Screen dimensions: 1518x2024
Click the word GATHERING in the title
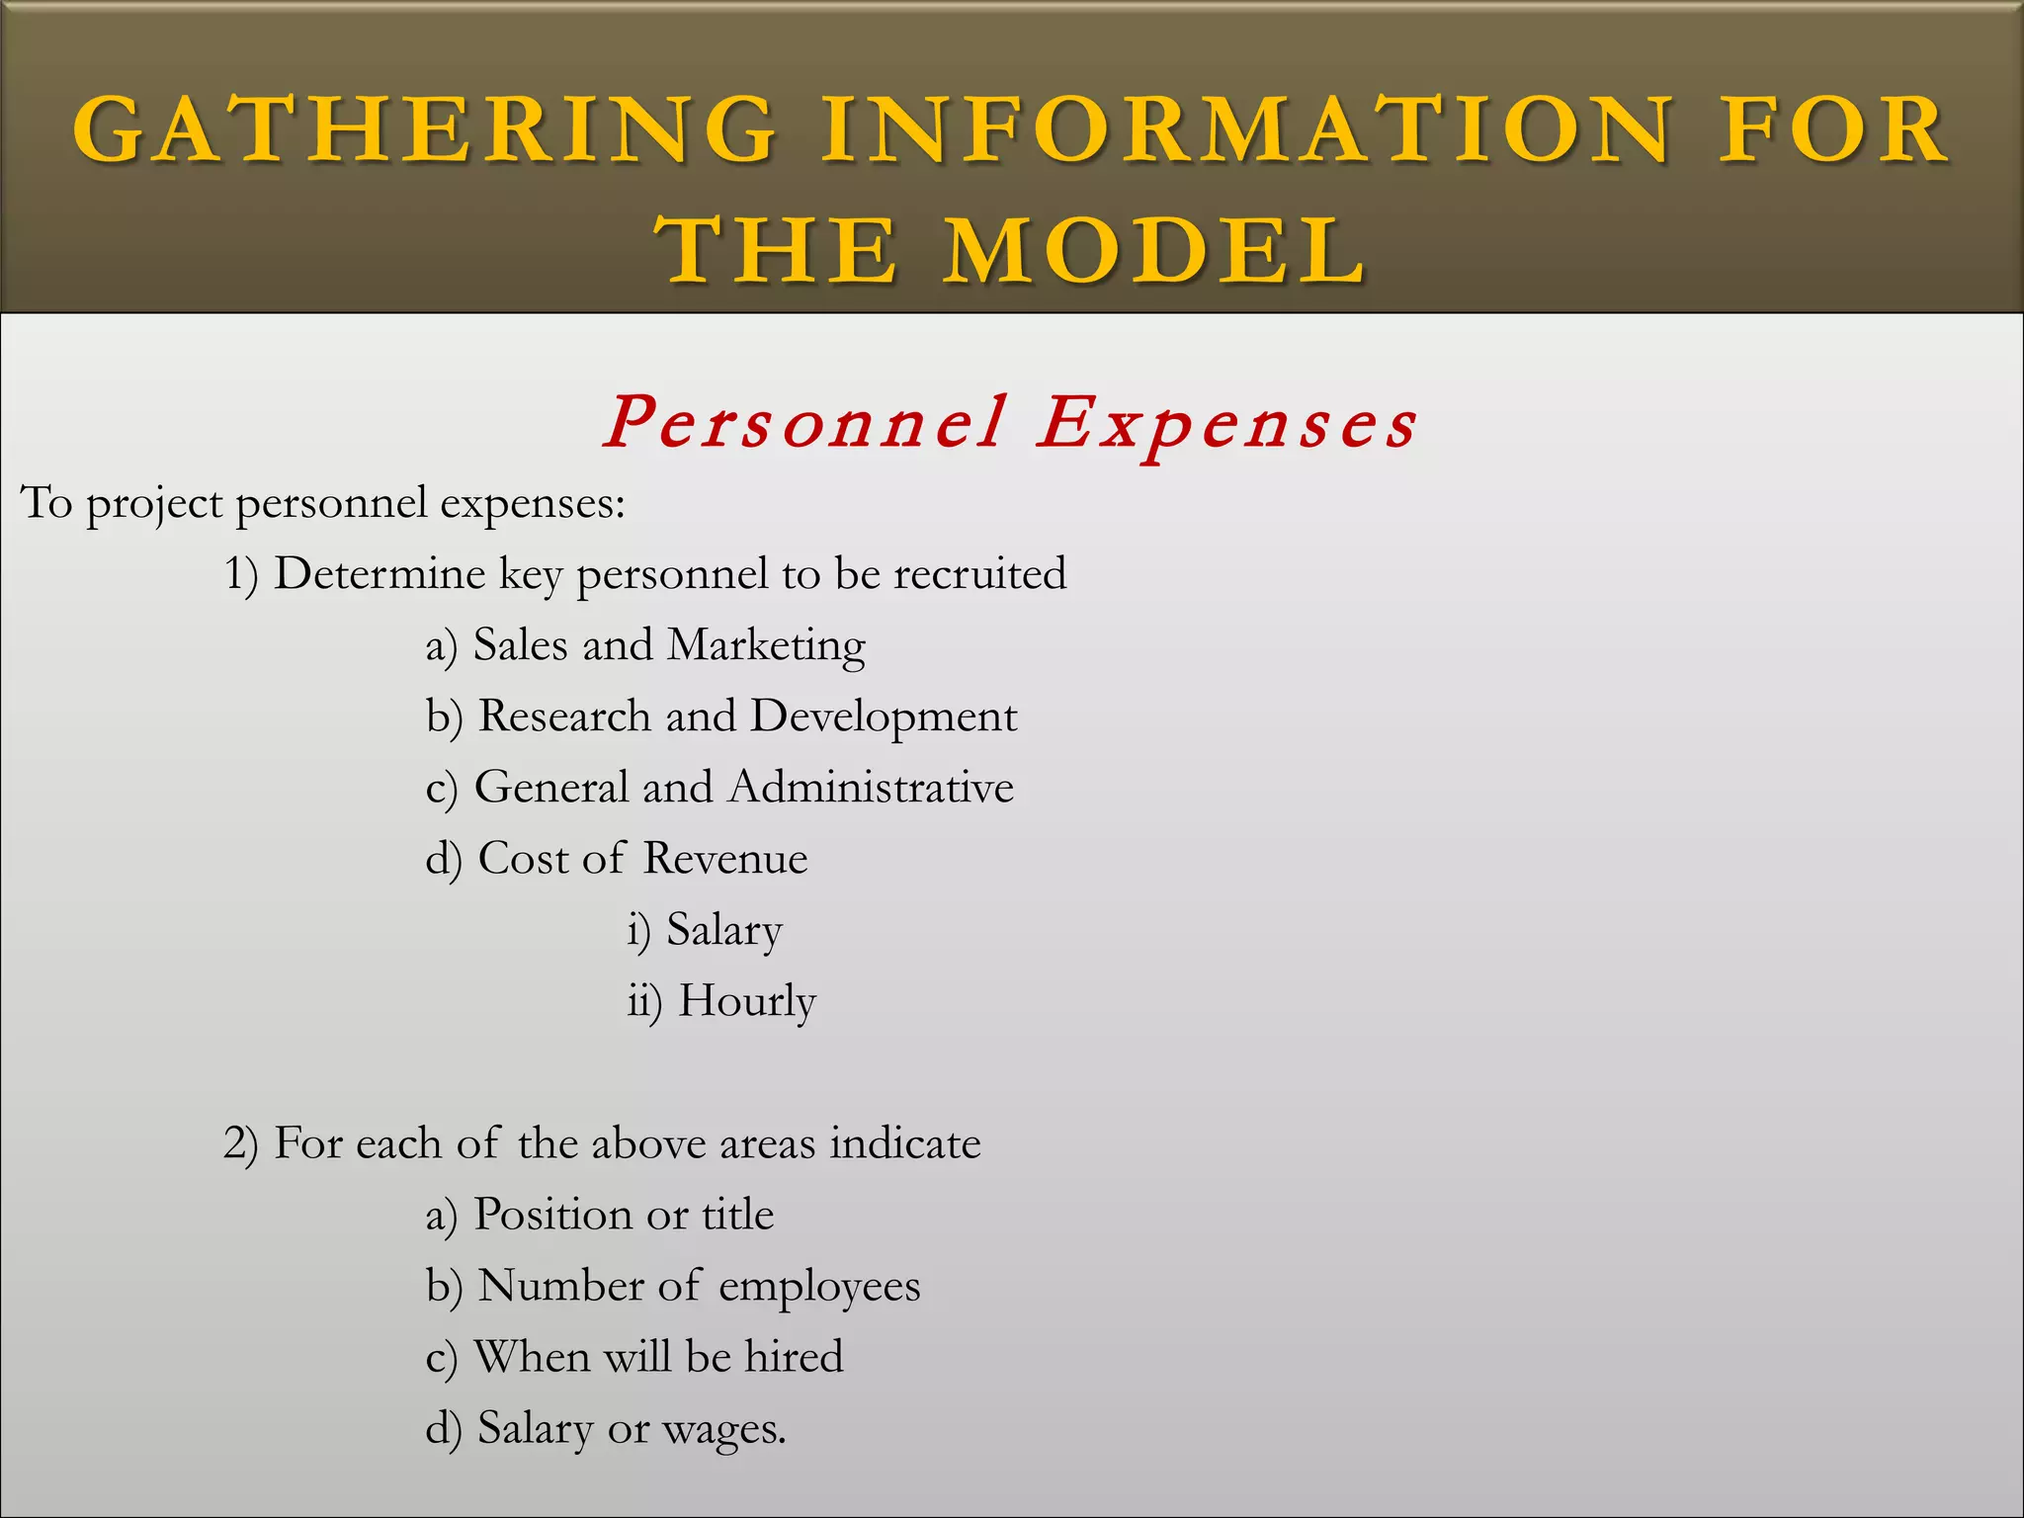425,129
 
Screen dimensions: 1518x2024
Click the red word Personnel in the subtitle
804,423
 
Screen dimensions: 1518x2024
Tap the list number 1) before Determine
241,575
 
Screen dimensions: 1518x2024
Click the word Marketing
766,646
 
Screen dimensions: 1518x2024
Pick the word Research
564,717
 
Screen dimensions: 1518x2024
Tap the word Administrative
871,788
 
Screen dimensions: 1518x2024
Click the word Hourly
747,1002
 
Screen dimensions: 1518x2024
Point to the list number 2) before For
241,1144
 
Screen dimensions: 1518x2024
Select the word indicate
905,1143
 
